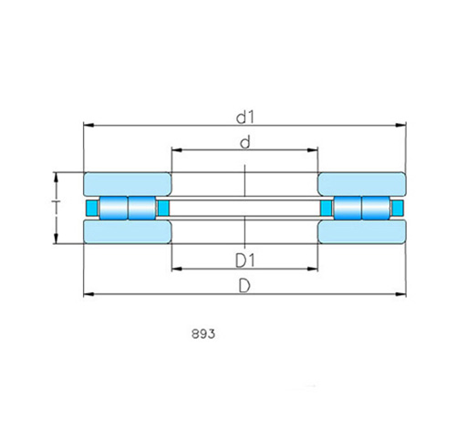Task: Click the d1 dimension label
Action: pyautogui.click(x=244, y=117)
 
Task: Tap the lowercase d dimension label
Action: pyautogui.click(x=245, y=142)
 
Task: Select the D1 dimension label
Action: pyautogui.click(x=244, y=260)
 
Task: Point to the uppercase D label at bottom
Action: pyautogui.click(x=244, y=286)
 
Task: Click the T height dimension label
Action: pyautogui.click(x=56, y=207)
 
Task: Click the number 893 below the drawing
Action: pyautogui.click(x=203, y=334)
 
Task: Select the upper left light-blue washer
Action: pyautogui.click(x=128, y=184)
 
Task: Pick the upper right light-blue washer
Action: pyautogui.click(x=362, y=184)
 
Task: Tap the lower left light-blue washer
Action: pyautogui.click(x=128, y=232)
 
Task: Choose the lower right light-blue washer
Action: pyautogui.click(x=362, y=232)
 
